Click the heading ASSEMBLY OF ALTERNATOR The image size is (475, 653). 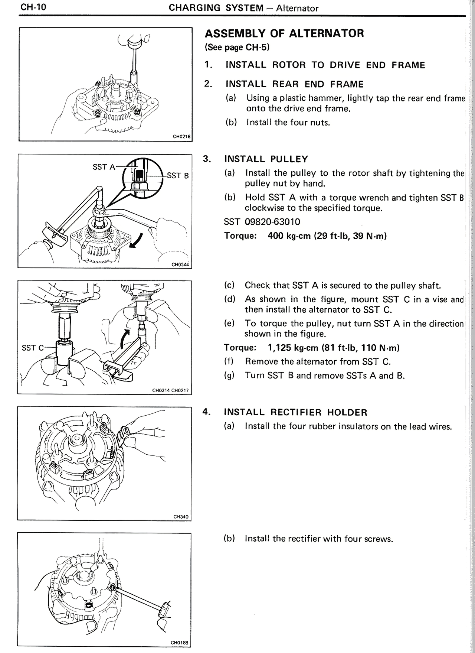point(284,33)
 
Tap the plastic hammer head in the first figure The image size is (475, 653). point(135,41)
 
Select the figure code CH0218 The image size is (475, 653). point(182,136)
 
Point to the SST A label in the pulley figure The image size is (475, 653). point(104,167)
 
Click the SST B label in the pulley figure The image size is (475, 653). point(178,175)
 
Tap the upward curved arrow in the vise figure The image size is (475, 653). point(127,338)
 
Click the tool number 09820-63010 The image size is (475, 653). point(272,222)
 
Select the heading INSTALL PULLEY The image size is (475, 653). point(266,159)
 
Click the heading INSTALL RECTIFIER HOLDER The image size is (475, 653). point(295,412)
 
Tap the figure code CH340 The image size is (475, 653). point(181,516)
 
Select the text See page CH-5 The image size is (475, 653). point(237,48)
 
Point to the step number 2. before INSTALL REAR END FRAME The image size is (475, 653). point(208,84)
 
